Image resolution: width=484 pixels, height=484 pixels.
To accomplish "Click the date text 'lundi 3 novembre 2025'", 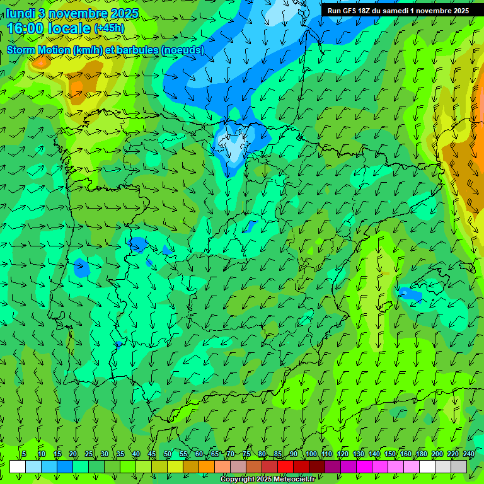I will click(x=72, y=13).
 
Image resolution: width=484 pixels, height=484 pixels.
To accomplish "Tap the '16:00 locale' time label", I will click(x=49, y=28).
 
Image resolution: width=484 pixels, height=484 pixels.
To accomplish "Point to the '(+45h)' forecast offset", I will click(x=109, y=28).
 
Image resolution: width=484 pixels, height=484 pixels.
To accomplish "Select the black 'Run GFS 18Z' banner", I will click(x=398, y=11).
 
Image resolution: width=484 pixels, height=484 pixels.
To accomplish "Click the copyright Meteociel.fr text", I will click(x=267, y=480).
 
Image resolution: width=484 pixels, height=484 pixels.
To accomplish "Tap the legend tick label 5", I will click(x=24, y=454).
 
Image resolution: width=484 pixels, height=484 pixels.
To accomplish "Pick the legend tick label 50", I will click(x=168, y=454).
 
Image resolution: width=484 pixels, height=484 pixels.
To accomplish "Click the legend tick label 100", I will click(x=311, y=454).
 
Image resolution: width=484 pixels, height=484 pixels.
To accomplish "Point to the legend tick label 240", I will click(x=469, y=454).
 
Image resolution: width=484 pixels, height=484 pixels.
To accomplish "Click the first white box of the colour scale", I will click(x=18, y=466).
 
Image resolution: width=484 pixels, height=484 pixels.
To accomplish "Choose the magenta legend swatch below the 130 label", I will click(x=364, y=466).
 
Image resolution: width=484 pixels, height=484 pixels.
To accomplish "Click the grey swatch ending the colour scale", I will click(x=459, y=466).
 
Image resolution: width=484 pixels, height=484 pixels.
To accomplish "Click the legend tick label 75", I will click(x=246, y=454).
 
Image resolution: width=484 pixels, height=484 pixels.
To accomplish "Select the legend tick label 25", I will click(x=89, y=454).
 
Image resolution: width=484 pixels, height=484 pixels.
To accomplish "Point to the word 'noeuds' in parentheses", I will click(x=183, y=50).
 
